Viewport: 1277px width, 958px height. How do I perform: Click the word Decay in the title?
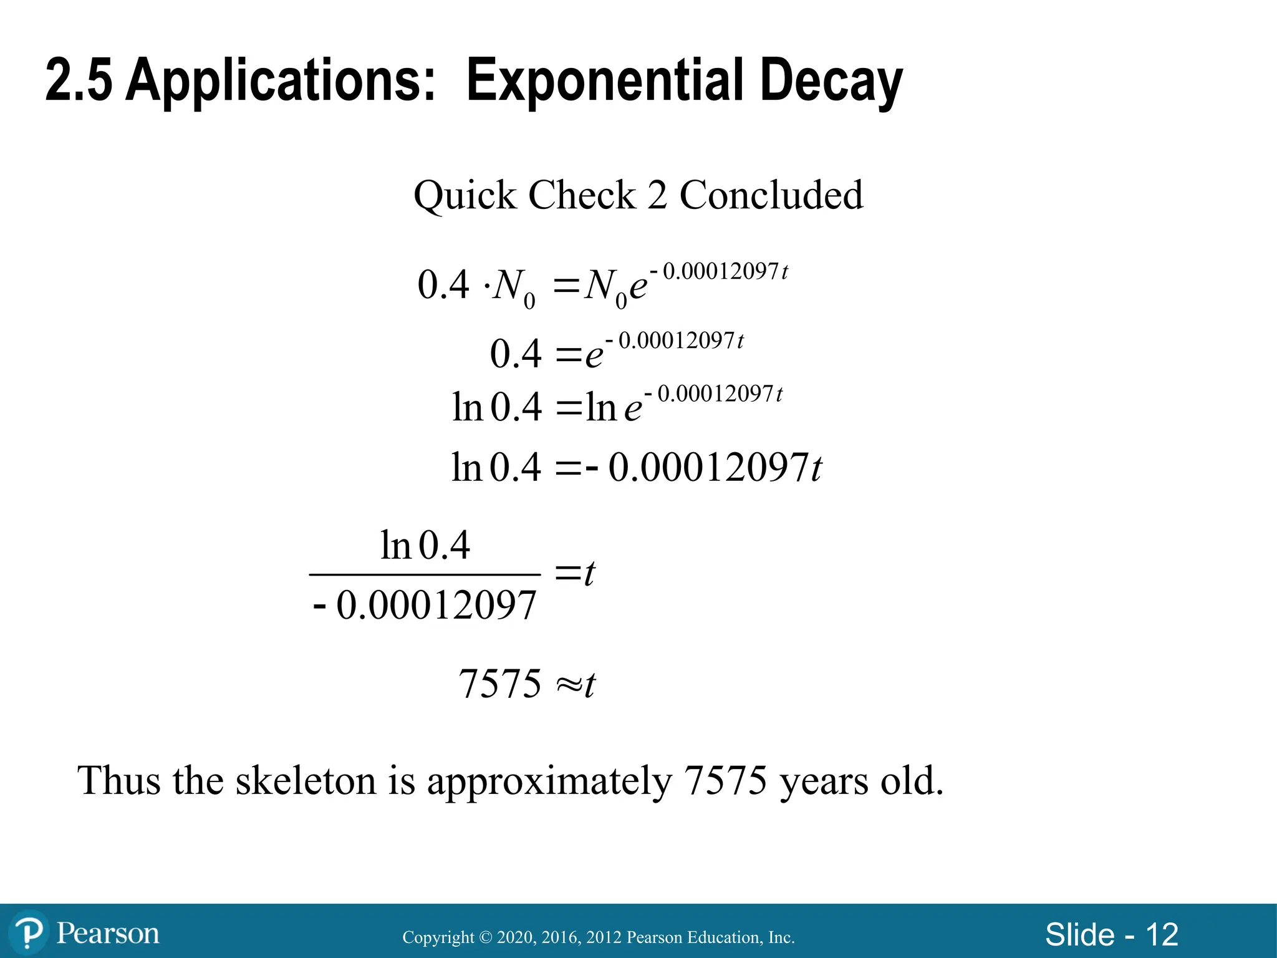[x=831, y=81]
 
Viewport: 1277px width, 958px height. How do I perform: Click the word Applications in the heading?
[x=280, y=81]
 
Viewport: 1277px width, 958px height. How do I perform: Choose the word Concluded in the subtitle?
[x=771, y=195]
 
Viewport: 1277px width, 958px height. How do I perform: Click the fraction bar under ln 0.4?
[x=425, y=574]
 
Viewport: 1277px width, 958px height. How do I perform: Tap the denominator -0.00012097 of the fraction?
[x=425, y=605]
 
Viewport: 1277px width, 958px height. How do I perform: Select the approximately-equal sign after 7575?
[x=568, y=685]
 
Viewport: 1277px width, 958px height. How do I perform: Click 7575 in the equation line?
[x=500, y=684]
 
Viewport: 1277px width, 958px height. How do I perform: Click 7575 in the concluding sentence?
[x=725, y=780]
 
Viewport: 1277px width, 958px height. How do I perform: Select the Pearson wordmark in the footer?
[x=108, y=934]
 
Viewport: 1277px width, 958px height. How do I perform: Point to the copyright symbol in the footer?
[x=486, y=937]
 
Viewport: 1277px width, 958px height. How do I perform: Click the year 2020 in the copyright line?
[x=516, y=937]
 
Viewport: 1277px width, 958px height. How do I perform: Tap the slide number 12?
[x=1162, y=935]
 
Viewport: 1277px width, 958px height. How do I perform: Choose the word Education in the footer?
[x=726, y=937]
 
